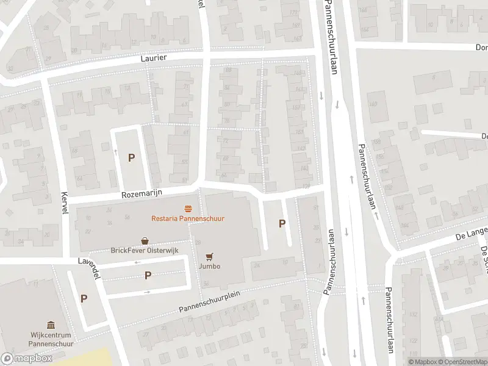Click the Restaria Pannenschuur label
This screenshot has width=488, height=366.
click(x=188, y=218)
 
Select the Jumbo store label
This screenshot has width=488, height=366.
click(x=209, y=266)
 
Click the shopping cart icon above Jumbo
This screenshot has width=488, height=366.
click(x=209, y=256)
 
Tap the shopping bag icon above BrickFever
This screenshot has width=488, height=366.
click(x=145, y=241)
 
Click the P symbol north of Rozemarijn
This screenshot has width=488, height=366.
click(x=131, y=157)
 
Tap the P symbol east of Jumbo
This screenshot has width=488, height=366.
click(x=282, y=223)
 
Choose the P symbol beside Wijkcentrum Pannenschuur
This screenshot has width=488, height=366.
click(x=84, y=298)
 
